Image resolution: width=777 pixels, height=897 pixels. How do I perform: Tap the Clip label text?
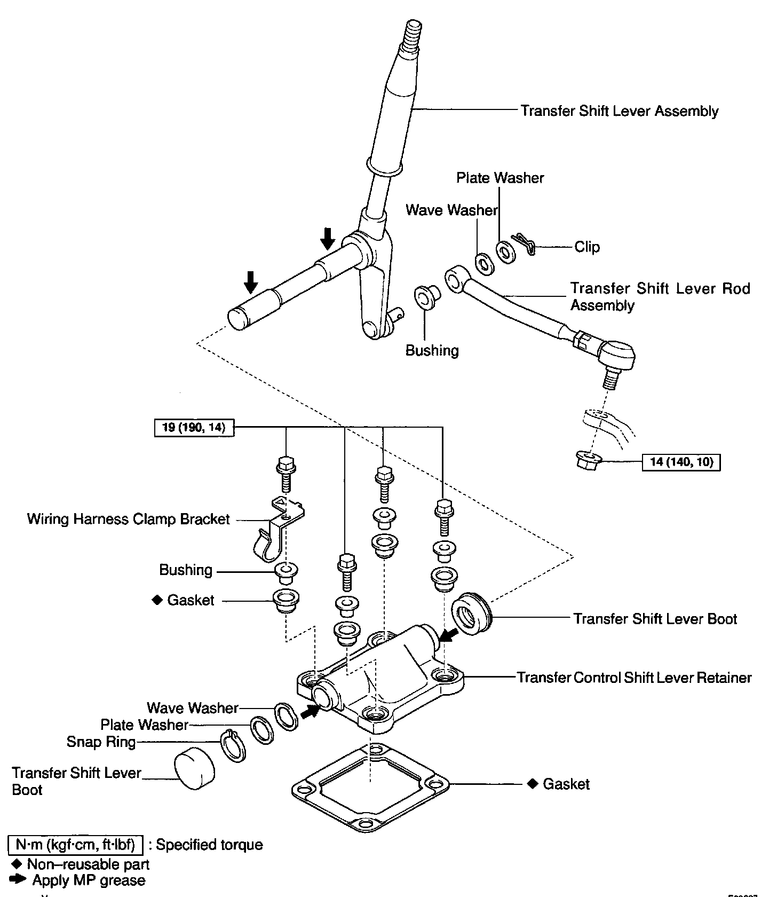pyautogui.click(x=587, y=247)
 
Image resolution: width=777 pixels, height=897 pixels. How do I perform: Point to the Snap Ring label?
pyautogui.click(x=101, y=742)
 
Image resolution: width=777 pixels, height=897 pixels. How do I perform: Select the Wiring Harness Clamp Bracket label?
pyautogui.click(x=128, y=520)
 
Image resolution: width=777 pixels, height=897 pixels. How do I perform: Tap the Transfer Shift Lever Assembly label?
pyautogui.click(x=619, y=111)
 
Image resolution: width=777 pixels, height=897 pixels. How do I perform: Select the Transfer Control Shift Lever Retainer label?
pyautogui.click(x=634, y=678)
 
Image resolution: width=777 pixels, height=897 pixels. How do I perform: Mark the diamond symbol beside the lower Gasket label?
pyautogui.click(x=532, y=784)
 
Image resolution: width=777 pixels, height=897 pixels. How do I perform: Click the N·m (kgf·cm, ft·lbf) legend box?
pyautogui.click(x=76, y=845)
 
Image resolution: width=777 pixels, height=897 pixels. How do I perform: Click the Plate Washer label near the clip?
pyautogui.click(x=500, y=178)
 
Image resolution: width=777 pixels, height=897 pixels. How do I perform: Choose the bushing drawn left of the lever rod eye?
pyautogui.click(x=426, y=297)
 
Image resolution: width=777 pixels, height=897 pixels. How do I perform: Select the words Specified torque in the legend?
pyautogui.click(x=209, y=845)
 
